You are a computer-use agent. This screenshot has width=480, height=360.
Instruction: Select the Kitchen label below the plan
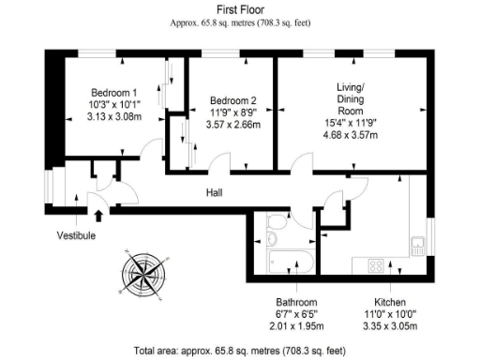(389, 303)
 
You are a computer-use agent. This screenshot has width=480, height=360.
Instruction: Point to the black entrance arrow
(99, 215)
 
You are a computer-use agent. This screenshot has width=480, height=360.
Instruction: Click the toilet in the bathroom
(278, 226)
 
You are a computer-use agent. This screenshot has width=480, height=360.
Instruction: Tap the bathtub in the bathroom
(292, 262)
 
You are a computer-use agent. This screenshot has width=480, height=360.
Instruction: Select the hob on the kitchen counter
(377, 264)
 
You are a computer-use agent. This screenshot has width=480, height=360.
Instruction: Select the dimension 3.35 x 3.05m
(389, 327)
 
